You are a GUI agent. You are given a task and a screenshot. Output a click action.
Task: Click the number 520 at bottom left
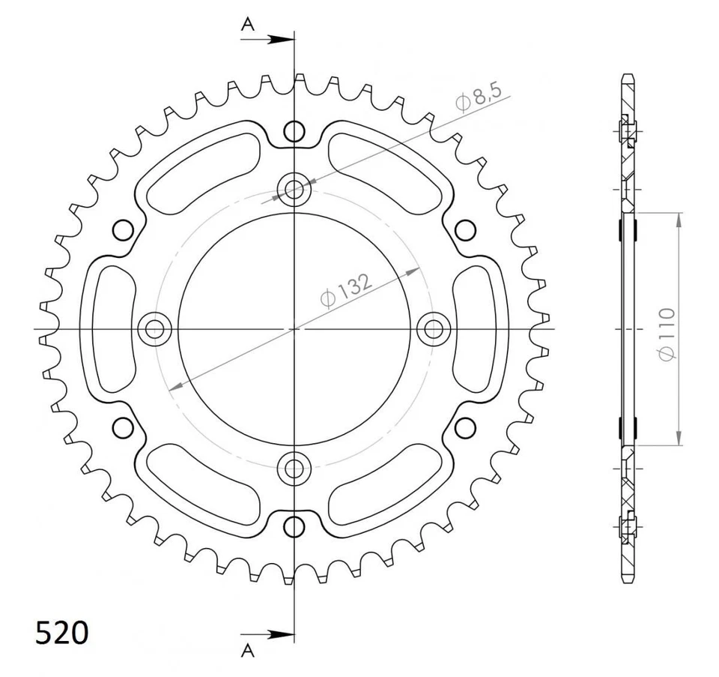pyautogui.click(x=62, y=633)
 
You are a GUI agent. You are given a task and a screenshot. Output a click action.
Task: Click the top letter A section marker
pyautogui.click(x=248, y=25)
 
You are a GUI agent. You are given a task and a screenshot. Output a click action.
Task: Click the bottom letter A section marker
pyautogui.click(x=248, y=650)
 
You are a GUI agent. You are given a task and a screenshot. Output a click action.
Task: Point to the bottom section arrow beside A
pyautogui.click(x=278, y=635)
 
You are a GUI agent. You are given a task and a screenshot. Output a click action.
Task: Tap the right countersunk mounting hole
pyautogui.click(x=433, y=328)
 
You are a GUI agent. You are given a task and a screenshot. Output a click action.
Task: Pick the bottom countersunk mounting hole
pyautogui.click(x=294, y=469)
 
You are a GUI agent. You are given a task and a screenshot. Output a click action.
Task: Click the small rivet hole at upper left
pyautogui.click(x=122, y=229)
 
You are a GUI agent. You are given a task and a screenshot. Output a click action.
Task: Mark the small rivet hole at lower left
pyautogui.click(x=122, y=427)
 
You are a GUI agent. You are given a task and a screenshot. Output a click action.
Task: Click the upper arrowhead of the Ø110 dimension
pyautogui.click(x=679, y=220)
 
